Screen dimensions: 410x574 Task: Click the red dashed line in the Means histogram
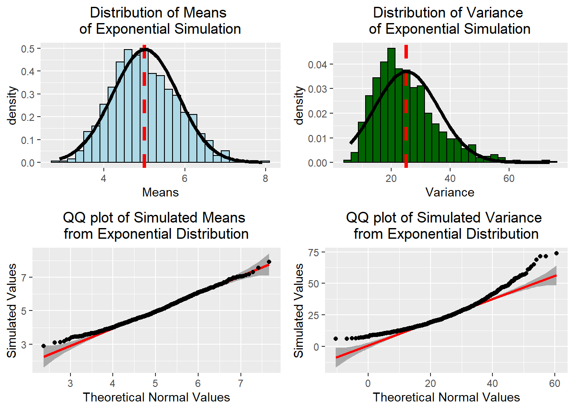(144, 107)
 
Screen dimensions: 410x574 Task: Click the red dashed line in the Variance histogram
(406, 107)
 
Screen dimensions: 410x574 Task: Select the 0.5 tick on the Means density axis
(28, 49)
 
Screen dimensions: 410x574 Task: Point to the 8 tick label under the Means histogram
(266, 179)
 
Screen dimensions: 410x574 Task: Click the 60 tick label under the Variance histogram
(509, 179)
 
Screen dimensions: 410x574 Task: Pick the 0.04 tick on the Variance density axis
(317, 64)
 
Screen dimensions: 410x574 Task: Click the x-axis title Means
(160, 192)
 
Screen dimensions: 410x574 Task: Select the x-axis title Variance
(450, 192)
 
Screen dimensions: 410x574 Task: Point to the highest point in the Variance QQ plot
(556, 253)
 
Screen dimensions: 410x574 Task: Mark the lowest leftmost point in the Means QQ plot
(44, 346)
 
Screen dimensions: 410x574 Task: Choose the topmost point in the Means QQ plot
(269, 262)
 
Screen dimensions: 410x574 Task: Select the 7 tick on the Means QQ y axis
(24, 278)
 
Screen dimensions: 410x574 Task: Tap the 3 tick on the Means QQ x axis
(70, 383)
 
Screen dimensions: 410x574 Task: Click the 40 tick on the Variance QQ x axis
(492, 383)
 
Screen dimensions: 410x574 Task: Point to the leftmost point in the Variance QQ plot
(336, 339)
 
